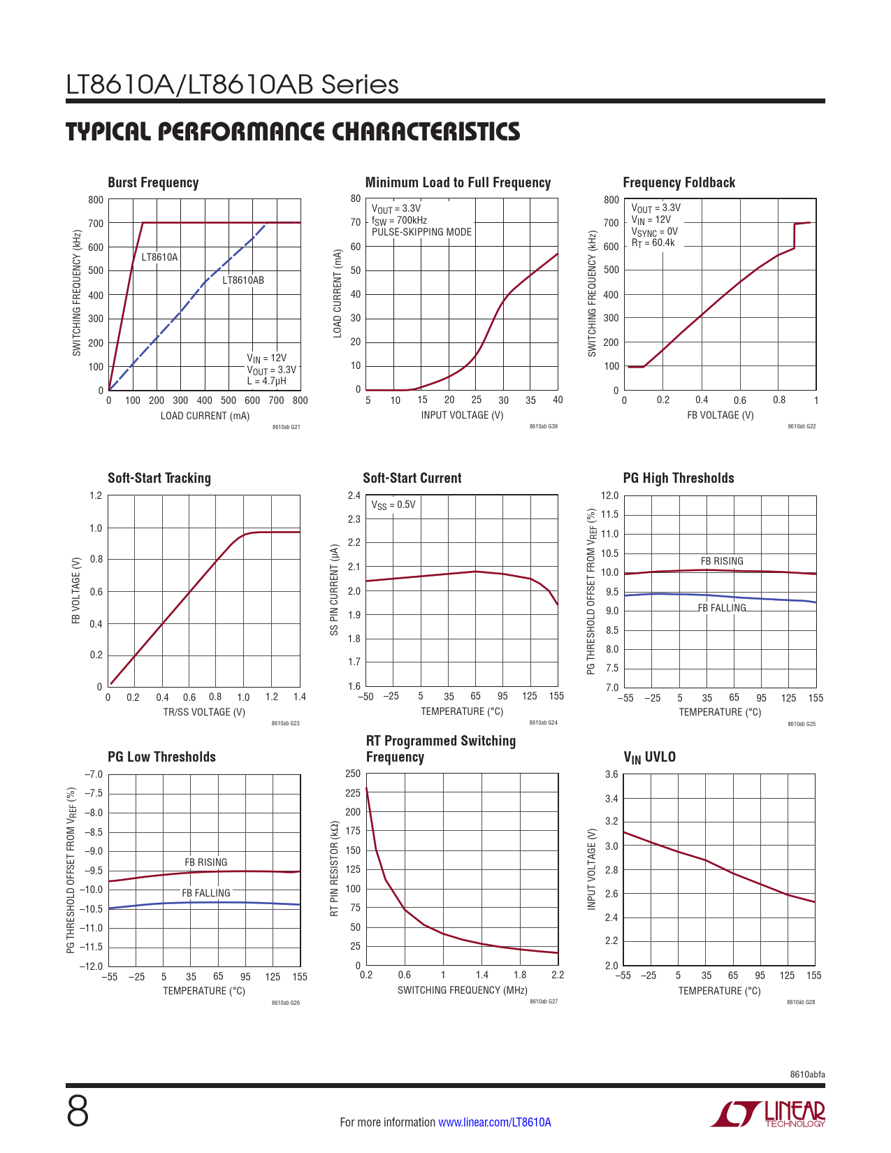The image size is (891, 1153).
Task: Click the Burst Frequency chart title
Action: click(153, 182)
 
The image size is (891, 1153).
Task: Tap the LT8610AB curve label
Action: click(243, 280)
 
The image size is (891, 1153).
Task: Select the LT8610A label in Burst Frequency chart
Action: click(159, 257)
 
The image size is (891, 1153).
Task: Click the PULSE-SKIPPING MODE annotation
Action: click(421, 232)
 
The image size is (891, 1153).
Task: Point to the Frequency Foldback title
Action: click(679, 182)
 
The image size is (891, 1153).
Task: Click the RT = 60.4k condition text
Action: click(653, 243)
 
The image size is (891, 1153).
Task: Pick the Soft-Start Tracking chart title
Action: click(159, 478)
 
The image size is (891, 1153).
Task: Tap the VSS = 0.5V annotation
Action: click(393, 505)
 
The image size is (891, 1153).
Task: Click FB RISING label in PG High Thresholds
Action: click(722, 561)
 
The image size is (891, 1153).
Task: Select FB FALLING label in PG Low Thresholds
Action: click(206, 893)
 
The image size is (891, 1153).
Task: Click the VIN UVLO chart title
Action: click(649, 757)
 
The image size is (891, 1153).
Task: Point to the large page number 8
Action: click(78, 1112)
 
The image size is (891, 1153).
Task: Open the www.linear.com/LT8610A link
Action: click(494, 1122)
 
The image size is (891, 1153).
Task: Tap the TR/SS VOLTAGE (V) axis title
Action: click(204, 712)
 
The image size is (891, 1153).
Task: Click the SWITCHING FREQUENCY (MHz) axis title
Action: click(462, 990)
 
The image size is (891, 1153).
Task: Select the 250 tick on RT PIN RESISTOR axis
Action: click(353, 774)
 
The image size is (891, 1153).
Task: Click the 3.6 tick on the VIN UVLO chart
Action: click(611, 774)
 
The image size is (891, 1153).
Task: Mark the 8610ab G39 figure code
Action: click(543, 426)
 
